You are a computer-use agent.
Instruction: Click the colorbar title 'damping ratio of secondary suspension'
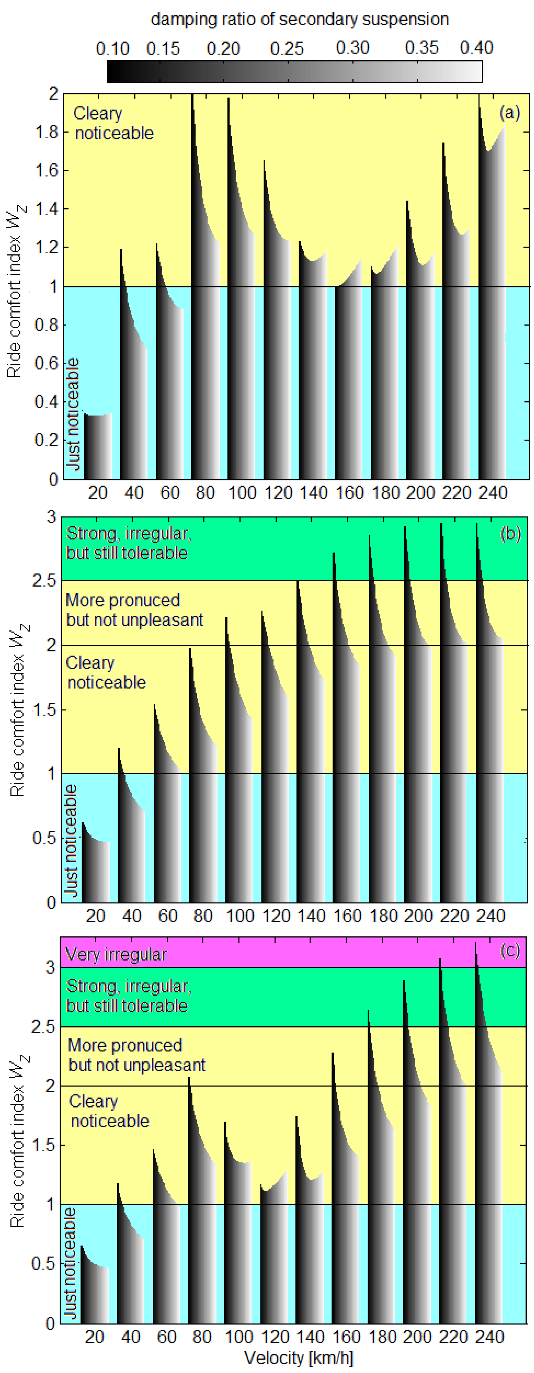[299, 20]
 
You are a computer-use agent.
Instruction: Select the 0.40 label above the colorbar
[476, 48]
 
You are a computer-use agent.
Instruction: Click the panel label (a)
[509, 113]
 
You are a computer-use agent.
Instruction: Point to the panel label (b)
[510, 533]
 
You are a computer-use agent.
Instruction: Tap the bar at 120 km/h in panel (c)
[274, 1252]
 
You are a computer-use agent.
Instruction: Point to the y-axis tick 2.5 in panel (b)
[44, 581]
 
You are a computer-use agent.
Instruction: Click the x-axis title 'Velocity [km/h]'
[298, 1358]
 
